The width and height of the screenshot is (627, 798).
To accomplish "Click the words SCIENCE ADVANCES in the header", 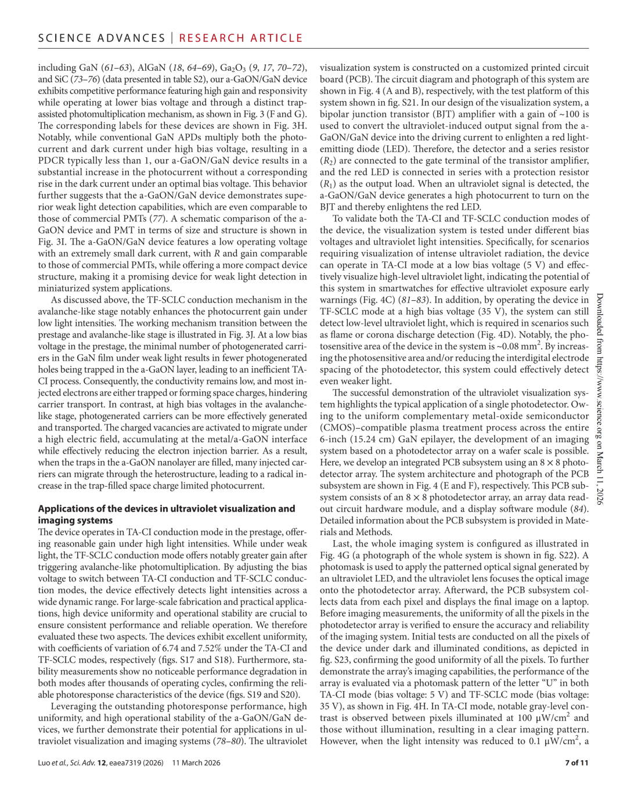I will point(102,38).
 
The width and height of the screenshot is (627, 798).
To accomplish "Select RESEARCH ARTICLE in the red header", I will point(241,38).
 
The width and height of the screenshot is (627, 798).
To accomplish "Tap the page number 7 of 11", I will point(576,763).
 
